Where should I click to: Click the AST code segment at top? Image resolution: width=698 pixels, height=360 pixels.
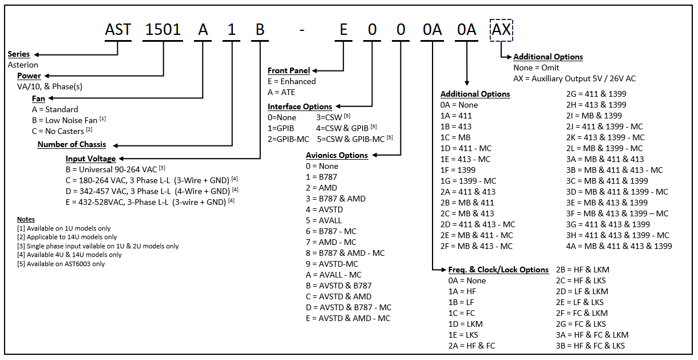tap(118, 30)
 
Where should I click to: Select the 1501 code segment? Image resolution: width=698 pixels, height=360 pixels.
tap(163, 30)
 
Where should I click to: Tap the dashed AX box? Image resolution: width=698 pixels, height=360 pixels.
tap(501, 30)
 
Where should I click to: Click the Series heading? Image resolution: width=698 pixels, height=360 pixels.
tap(19, 54)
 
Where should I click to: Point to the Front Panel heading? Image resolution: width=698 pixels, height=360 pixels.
tap(288, 70)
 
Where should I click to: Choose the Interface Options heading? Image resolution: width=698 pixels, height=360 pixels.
tap(300, 106)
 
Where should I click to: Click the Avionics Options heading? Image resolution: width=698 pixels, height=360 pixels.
tap(336, 155)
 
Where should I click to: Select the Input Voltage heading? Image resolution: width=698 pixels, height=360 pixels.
tap(90, 159)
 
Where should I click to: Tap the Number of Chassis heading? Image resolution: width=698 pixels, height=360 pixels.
tap(72, 144)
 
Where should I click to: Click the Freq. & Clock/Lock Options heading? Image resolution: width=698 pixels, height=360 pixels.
tap(498, 270)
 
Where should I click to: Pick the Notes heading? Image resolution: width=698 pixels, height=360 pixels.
tap(26, 219)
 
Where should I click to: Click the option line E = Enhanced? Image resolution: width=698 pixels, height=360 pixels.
tap(291, 81)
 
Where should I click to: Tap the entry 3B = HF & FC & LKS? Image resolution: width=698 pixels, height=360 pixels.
tap(590, 346)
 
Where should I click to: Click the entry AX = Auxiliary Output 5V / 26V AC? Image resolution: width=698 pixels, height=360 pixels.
tap(574, 78)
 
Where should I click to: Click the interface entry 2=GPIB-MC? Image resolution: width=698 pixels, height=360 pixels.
tap(288, 139)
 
